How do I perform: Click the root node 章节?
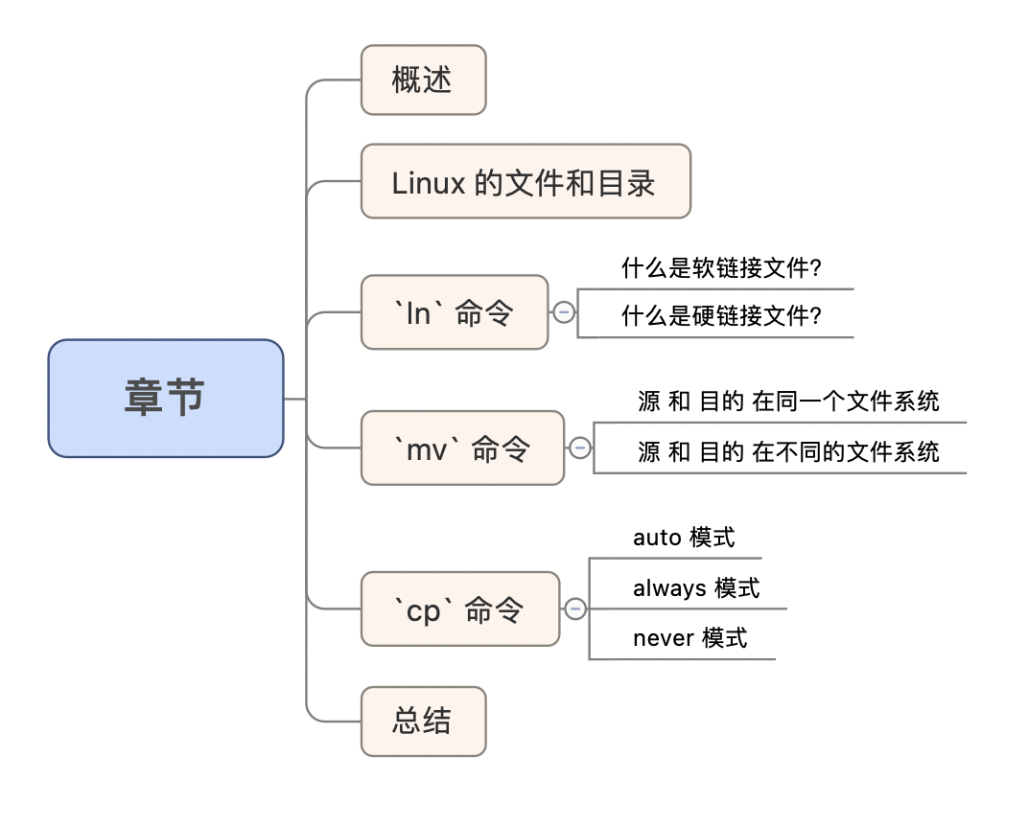166,398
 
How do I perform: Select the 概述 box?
423,80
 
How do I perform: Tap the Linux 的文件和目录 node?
525,182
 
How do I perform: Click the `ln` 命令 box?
454,312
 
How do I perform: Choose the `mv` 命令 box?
462,448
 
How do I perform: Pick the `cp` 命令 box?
459,609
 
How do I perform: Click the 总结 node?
423,722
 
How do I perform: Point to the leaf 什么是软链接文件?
721,268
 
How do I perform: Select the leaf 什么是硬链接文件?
721,316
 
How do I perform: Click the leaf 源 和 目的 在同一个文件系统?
788,402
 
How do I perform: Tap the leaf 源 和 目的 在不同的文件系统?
788,451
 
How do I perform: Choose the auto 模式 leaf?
684,538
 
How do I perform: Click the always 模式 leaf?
696,587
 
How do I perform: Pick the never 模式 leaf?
689,638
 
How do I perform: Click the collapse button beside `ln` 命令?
564,312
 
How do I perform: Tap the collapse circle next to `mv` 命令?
579,447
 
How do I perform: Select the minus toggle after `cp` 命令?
575,608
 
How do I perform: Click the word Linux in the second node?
429,182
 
